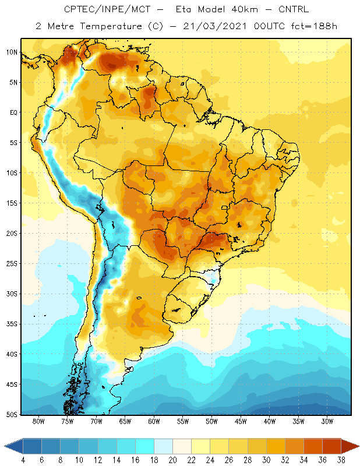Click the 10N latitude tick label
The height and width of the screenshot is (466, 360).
pyautogui.click(x=12, y=52)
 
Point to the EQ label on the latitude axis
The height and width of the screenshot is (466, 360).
pyautogui.click(x=13, y=112)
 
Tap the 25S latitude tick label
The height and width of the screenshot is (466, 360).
pyautogui.click(x=12, y=264)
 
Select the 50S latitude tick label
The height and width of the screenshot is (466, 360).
pyautogui.click(x=12, y=415)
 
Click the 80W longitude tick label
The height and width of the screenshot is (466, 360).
pyautogui.click(x=38, y=421)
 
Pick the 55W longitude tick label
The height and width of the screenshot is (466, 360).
pyautogui.click(x=183, y=421)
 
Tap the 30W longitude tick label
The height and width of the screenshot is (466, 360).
pyautogui.click(x=327, y=421)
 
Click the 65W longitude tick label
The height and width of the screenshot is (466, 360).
pyautogui.click(x=125, y=421)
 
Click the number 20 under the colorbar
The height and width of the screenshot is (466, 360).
pyautogui.click(x=172, y=460)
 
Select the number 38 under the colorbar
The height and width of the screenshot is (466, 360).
pyautogui.click(x=341, y=460)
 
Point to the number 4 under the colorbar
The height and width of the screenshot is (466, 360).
pyautogui.click(x=23, y=460)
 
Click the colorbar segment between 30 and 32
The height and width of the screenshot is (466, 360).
pyautogui.click(x=276, y=446)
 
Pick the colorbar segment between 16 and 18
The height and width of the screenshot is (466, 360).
pyautogui.click(x=145, y=446)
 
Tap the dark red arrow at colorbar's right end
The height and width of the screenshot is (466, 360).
pyautogui.click(x=350, y=446)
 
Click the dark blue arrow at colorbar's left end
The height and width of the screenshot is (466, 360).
pyautogui.click(x=13, y=446)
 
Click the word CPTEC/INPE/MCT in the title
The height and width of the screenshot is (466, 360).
pyautogui.click(x=107, y=9)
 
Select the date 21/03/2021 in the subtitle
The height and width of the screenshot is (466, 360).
pyautogui.click(x=214, y=26)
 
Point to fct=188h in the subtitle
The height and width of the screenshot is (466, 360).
pyautogui.click(x=314, y=26)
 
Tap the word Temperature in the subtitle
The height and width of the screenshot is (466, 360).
pyautogui.click(x=111, y=26)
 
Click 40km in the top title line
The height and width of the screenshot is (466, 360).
pyautogui.click(x=245, y=9)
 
